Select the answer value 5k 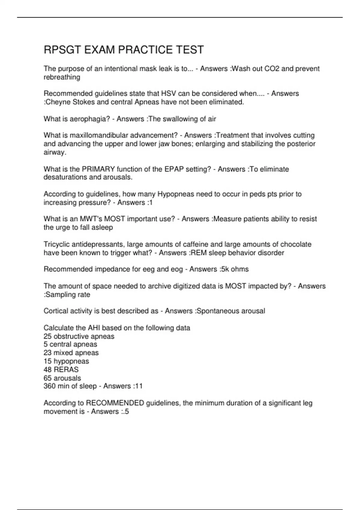coord(224,269)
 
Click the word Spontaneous coord(215,311)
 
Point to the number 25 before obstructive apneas coord(47,336)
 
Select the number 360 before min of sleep coord(49,386)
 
